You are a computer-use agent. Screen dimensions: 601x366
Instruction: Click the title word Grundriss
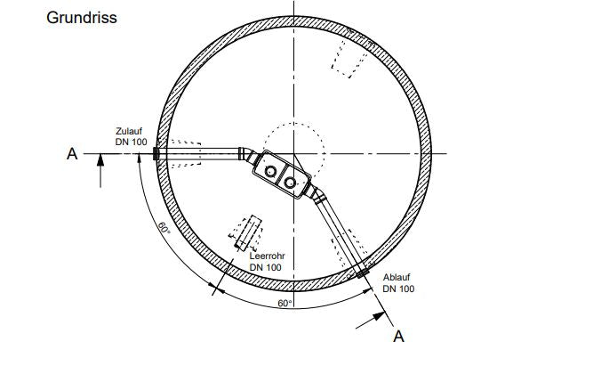pos(81,18)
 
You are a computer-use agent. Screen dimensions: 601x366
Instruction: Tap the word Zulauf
pos(129,131)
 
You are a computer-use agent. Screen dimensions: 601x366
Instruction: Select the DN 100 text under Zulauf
pos(131,142)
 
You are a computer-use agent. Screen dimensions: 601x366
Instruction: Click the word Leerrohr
pos(267,256)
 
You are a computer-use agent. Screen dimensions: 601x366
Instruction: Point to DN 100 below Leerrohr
pos(265,267)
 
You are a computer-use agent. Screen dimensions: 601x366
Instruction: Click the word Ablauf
pos(397,277)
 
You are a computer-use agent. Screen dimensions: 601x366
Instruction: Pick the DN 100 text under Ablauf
pos(398,289)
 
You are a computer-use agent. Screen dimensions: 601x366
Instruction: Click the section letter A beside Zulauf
pos(72,154)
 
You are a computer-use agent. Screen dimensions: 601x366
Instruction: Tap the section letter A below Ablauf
pos(398,337)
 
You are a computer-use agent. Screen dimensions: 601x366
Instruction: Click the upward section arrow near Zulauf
pos(100,170)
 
